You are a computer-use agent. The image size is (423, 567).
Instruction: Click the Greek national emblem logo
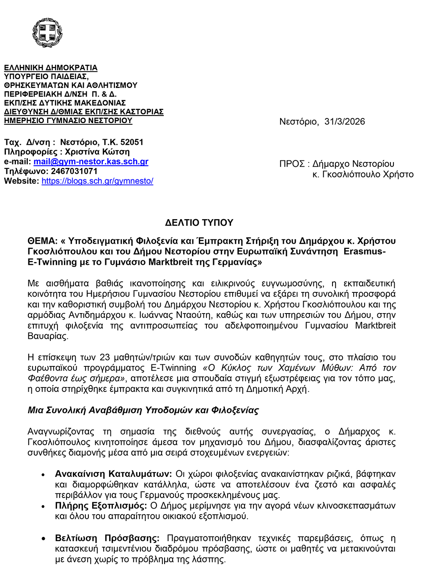pyautogui.click(x=47, y=33)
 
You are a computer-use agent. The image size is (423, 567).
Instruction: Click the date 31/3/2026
pyautogui.click(x=344, y=122)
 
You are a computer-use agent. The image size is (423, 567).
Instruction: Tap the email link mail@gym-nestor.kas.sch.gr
pyautogui.click(x=91, y=162)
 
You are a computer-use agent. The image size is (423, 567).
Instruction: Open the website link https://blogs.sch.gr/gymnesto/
pyautogui.click(x=97, y=181)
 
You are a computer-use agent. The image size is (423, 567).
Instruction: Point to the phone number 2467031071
pyautogui.click(x=74, y=171)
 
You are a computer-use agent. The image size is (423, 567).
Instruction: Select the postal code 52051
pyautogui.click(x=132, y=142)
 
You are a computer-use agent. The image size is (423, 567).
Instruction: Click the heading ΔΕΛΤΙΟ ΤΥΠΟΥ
pyautogui.click(x=199, y=223)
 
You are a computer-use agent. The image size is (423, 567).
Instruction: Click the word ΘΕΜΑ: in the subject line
pyautogui.click(x=42, y=241)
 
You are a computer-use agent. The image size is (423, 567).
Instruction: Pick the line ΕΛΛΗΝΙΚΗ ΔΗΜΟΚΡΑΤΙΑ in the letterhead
pyautogui.click(x=51, y=68)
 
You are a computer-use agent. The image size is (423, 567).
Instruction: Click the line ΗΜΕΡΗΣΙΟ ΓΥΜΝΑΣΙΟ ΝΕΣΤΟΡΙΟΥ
pyautogui.click(x=68, y=121)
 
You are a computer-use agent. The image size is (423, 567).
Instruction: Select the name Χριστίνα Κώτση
pyautogui.click(x=97, y=152)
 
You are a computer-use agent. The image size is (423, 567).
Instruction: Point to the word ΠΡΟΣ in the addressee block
pyautogui.click(x=292, y=164)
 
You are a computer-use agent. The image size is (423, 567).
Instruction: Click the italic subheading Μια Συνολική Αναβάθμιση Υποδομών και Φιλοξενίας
pyautogui.click(x=143, y=410)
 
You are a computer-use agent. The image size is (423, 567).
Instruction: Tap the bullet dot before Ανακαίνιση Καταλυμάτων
pyautogui.click(x=43, y=475)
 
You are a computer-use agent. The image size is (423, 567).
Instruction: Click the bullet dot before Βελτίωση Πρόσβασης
pyautogui.click(x=43, y=539)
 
